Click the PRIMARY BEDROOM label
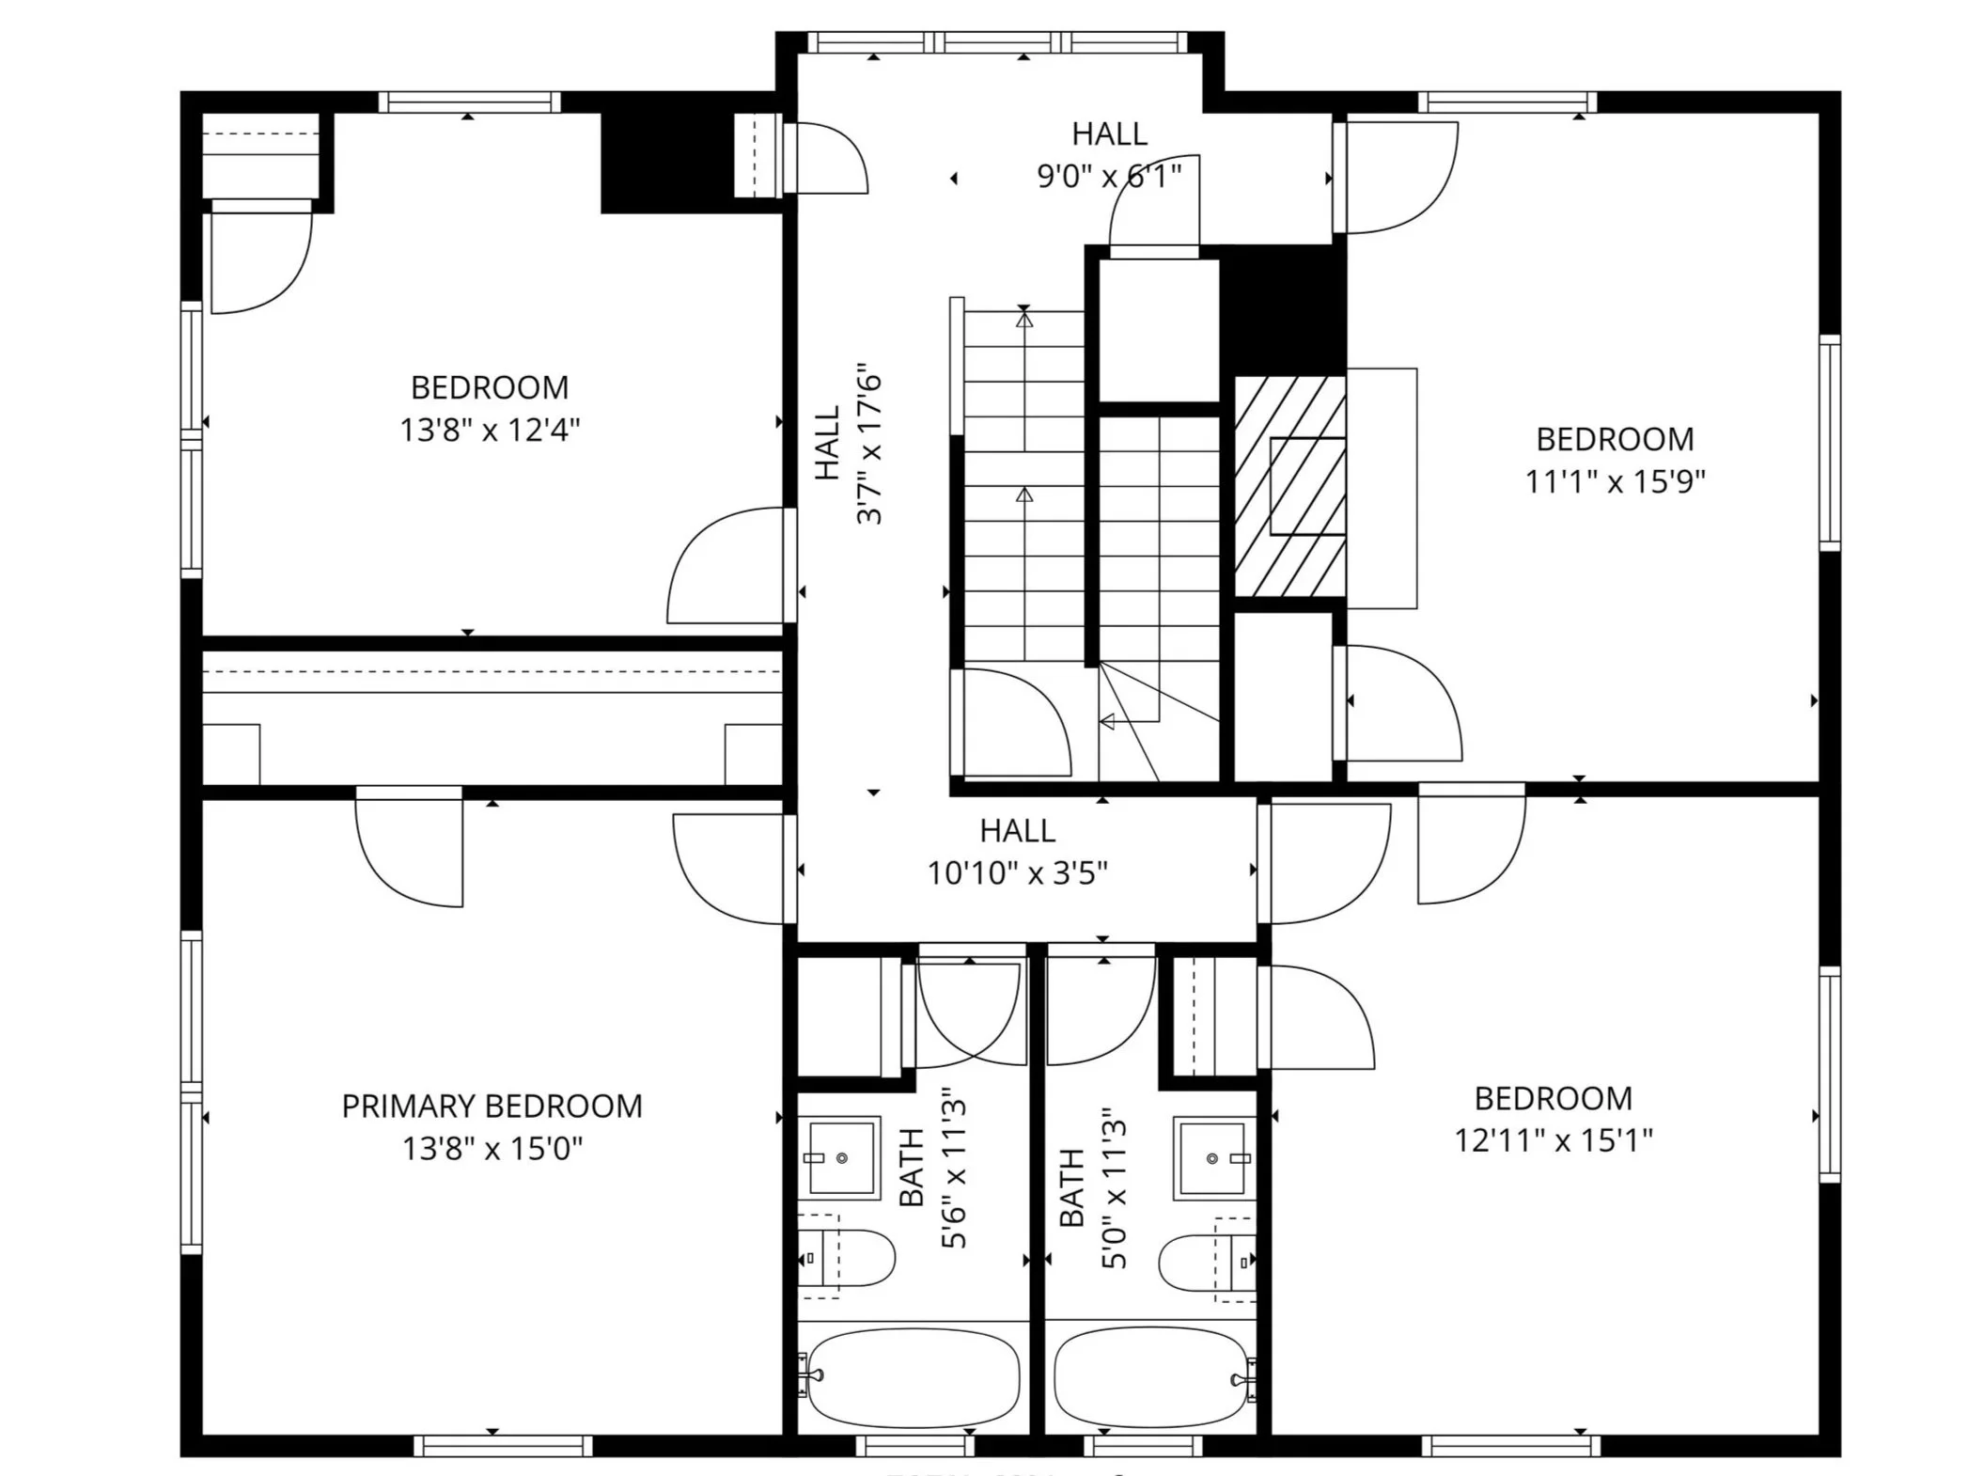pyautogui.click(x=492, y=1106)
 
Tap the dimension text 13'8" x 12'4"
pyautogui.click(x=490, y=431)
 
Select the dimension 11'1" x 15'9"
pyautogui.click(x=1615, y=481)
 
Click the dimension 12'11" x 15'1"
pyautogui.click(x=1554, y=1140)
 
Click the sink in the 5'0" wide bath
pyautogui.click(x=1212, y=1158)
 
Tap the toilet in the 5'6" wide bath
pyautogui.click(x=851, y=1257)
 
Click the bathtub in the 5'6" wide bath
pyautogui.click(x=913, y=1376)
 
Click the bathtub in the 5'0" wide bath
pyautogui.click(x=1151, y=1376)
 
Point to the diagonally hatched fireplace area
pyautogui.click(x=1289, y=486)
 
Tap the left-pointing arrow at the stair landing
pyautogui.click(x=1108, y=722)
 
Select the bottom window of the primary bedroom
pyautogui.click(x=503, y=1445)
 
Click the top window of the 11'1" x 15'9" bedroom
pyautogui.click(x=1507, y=102)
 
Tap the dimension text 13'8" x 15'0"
pyautogui.click(x=492, y=1149)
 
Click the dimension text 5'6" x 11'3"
pyautogui.click(x=954, y=1169)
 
